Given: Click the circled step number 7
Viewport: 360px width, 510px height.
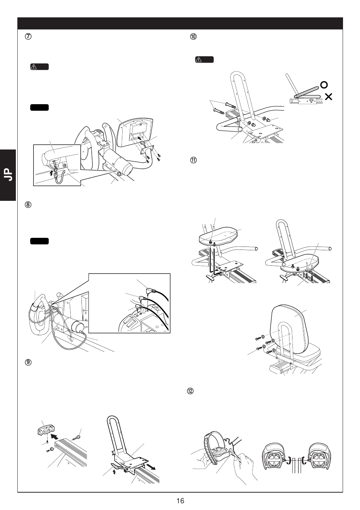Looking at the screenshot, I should pos(28,37).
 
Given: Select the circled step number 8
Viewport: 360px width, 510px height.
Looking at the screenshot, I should pos(28,205).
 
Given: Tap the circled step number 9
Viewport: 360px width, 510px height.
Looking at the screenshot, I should pos(28,362).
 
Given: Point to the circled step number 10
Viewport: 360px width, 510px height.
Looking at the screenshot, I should pos(194,37).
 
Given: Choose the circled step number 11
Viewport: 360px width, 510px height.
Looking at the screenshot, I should pos(194,160).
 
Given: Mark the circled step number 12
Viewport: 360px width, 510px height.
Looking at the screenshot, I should pos(191,391).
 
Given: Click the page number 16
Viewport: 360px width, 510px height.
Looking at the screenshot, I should pos(180,501).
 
